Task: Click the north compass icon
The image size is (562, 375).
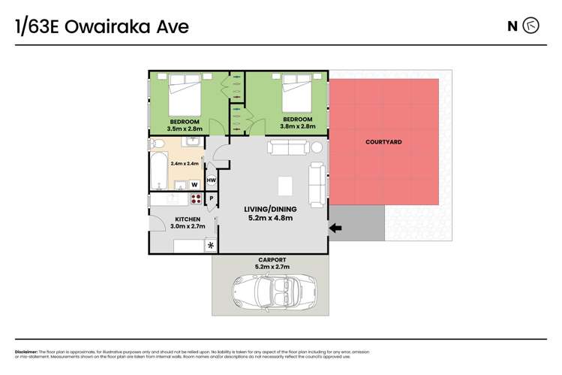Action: (x=531, y=26)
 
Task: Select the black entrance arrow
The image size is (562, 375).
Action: (x=335, y=228)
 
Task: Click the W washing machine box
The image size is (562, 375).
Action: (x=194, y=183)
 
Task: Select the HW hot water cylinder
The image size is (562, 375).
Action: (x=212, y=181)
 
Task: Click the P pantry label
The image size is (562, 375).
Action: (x=212, y=198)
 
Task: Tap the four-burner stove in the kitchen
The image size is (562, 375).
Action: (x=196, y=199)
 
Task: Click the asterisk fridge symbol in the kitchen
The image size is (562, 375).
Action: (x=210, y=246)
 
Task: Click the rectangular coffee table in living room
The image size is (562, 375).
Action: (x=285, y=186)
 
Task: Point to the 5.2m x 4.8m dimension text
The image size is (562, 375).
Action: (x=269, y=218)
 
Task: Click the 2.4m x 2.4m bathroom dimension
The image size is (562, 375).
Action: (x=183, y=163)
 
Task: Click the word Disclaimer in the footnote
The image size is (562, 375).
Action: (x=26, y=352)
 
